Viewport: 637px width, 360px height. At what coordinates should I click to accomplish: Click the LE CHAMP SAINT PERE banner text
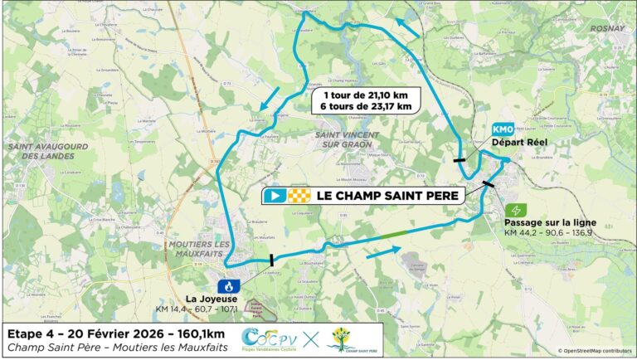click(x=386, y=196)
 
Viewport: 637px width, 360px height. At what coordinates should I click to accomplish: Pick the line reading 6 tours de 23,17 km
click(x=367, y=106)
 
